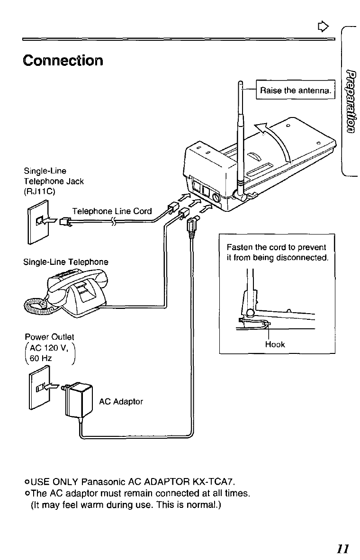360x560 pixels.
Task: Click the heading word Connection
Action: (x=62, y=61)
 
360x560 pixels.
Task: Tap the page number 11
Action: (x=343, y=549)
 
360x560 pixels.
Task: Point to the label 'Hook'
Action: (x=275, y=344)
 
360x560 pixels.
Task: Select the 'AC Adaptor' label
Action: (x=121, y=401)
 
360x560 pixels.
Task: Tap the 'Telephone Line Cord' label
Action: (x=112, y=211)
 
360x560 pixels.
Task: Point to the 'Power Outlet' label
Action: (x=50, y=336)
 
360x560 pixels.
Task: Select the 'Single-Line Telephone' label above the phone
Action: (x=66, y=262)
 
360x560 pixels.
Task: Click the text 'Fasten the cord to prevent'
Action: (x=277, y=247)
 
